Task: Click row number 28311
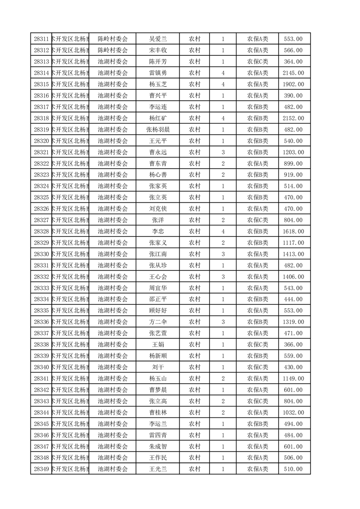pos(41,39)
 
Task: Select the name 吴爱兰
pos(158,39)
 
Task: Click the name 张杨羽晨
pos(158,129)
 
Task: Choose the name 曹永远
pos(158,152)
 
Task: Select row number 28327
pos(41,220)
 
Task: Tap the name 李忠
pos(158,231)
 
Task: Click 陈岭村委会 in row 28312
pos(113,50)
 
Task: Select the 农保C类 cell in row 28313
pos(257,62)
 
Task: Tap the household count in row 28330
pos(223,254)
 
